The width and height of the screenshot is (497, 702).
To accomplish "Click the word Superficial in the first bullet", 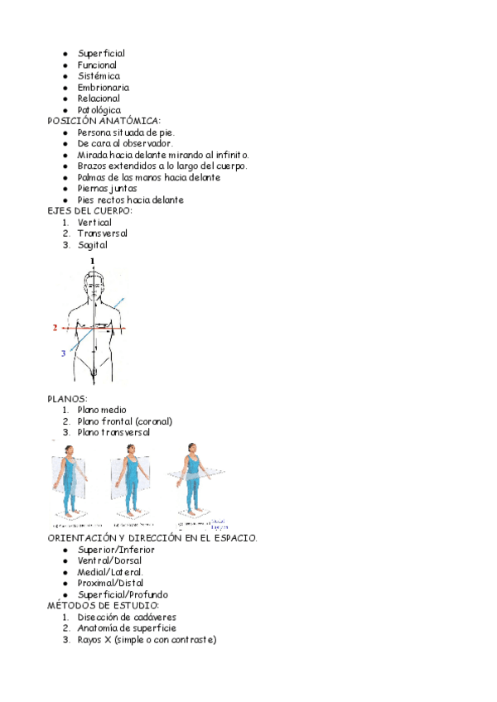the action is pos(101,54).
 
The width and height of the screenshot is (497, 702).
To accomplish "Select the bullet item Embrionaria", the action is pos(103,87).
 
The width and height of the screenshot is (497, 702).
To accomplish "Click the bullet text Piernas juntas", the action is pos(107,188).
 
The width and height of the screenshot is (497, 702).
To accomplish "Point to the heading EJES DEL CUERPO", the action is pos(89,211).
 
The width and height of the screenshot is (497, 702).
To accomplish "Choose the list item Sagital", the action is pos(92,244).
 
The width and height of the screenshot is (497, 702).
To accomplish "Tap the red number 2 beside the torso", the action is pos(55,328).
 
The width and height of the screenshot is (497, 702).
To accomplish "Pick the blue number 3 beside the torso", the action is pos(63,353).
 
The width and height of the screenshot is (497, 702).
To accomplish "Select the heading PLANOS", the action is pos(67,399).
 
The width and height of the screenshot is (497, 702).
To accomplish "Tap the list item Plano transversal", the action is pos(113,432).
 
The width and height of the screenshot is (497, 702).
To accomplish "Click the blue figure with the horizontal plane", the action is pos(193,480).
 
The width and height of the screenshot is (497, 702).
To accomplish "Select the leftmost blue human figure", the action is pos(70,484).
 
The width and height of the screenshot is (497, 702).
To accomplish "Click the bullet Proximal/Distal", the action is pos(110,583).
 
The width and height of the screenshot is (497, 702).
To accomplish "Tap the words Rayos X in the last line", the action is pos(94,639).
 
